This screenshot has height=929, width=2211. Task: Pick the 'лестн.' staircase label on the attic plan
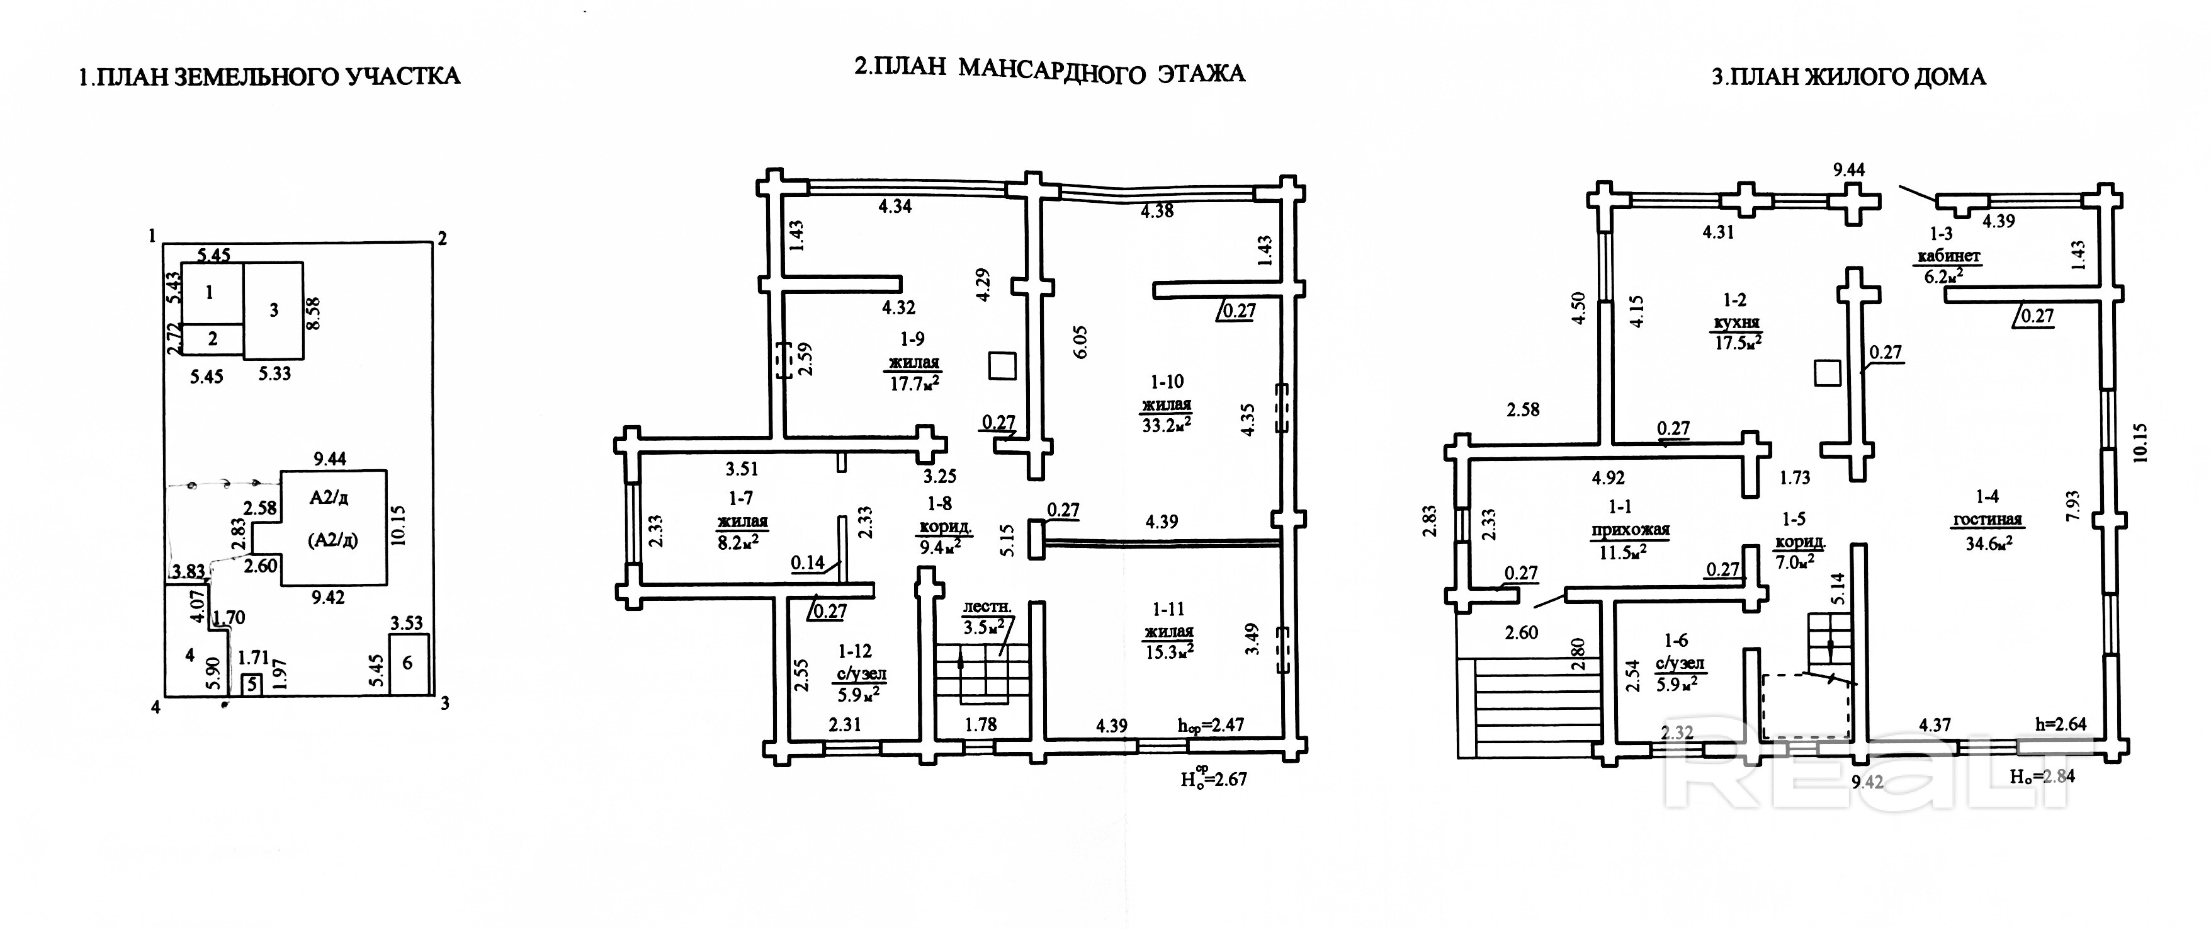point(987,607)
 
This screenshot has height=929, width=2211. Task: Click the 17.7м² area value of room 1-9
point(913,383)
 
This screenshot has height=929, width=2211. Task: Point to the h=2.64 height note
point(2060,724)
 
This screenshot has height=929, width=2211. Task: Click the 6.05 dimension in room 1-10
point(1080,342)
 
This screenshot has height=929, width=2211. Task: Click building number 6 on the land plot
point(408,663)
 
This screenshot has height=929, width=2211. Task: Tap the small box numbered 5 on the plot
point(251,684)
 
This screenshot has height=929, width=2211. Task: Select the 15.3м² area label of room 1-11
point(1168,653)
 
